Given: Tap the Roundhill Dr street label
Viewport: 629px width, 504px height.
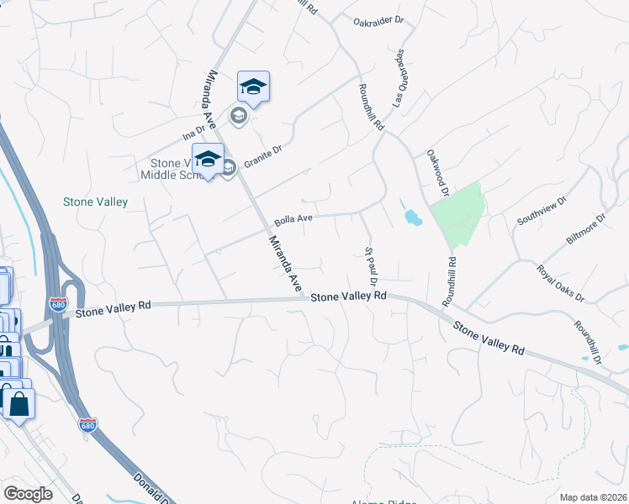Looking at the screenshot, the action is [x=589, y=342].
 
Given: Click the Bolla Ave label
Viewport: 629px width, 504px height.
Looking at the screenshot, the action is [x=293, y=218].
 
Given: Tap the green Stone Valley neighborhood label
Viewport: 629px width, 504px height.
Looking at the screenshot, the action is [x=96, y=202].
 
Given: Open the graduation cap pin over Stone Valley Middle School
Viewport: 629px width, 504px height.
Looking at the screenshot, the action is [x=209, y=158].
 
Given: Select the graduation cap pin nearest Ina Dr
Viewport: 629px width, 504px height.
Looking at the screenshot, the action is [x=253, y=86].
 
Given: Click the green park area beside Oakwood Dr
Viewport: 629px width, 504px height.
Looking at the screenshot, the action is [x=458, y=213].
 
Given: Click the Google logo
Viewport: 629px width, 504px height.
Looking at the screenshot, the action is [x=28, y=494].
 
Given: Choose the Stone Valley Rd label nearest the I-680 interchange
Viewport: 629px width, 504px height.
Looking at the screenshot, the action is [x=113, y=309].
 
